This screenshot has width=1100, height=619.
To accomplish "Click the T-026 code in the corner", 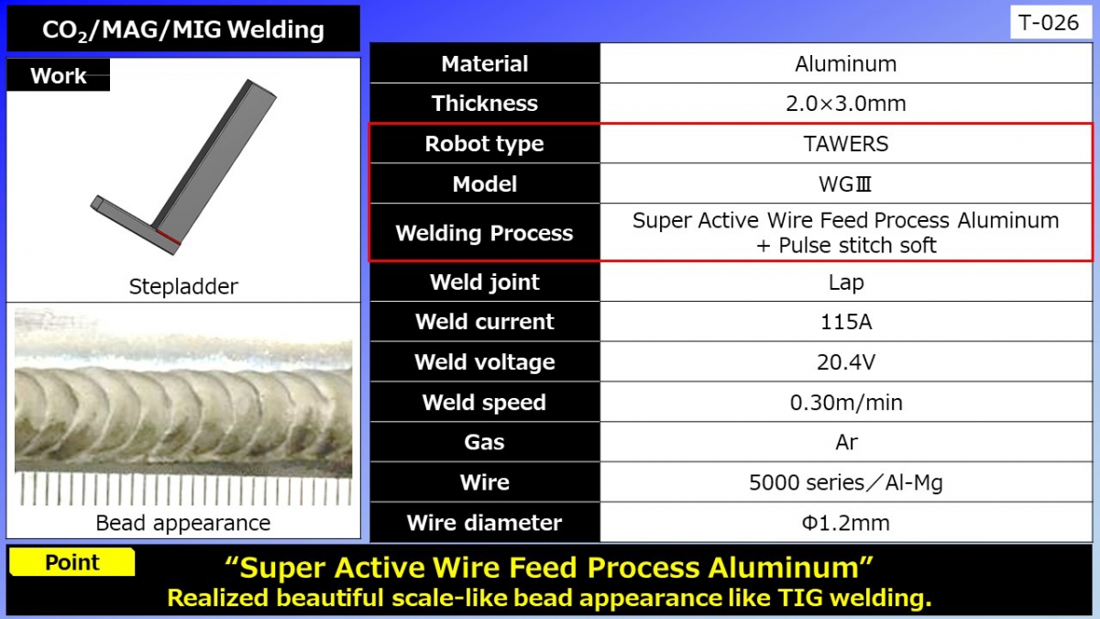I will point(1050,23).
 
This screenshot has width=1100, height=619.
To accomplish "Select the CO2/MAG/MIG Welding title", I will point(182,29).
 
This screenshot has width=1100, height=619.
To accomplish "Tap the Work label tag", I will point(59,75).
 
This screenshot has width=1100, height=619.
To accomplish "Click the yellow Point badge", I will point(72,562).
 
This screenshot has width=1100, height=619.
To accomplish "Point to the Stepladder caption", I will point(183,286).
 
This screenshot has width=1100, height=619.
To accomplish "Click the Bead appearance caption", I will point(183,523).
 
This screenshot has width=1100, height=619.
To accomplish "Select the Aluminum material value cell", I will point(845,64).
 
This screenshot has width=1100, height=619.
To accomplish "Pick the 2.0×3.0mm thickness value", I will point(845,104).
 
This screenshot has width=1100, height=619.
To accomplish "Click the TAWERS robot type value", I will point(845,144).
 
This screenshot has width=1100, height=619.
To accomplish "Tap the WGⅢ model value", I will point(845,184).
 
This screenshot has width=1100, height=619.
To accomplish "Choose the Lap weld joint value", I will point(845,282).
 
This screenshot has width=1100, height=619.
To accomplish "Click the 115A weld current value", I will point(845,322).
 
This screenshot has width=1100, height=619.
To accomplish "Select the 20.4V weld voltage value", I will point(845,362).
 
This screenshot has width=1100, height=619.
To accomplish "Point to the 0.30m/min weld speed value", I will point(845,403).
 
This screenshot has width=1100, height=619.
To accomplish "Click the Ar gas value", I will point(845,442).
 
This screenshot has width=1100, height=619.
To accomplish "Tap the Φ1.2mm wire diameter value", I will point(845,523).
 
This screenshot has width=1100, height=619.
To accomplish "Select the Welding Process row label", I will point(484,233).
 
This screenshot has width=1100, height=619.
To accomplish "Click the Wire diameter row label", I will point(484,523).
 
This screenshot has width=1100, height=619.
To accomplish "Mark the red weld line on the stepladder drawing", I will point(167,239).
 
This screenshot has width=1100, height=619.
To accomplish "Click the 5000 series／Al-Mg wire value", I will point(845,482).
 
